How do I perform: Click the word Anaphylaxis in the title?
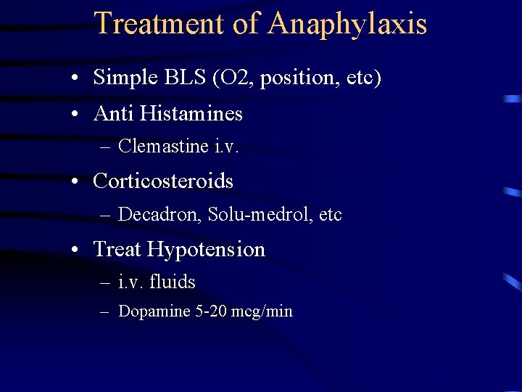347,24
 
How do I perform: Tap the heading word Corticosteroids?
163,181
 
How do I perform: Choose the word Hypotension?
206,249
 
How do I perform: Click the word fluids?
173,281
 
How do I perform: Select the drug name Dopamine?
154,311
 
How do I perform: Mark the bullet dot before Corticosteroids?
75,181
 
